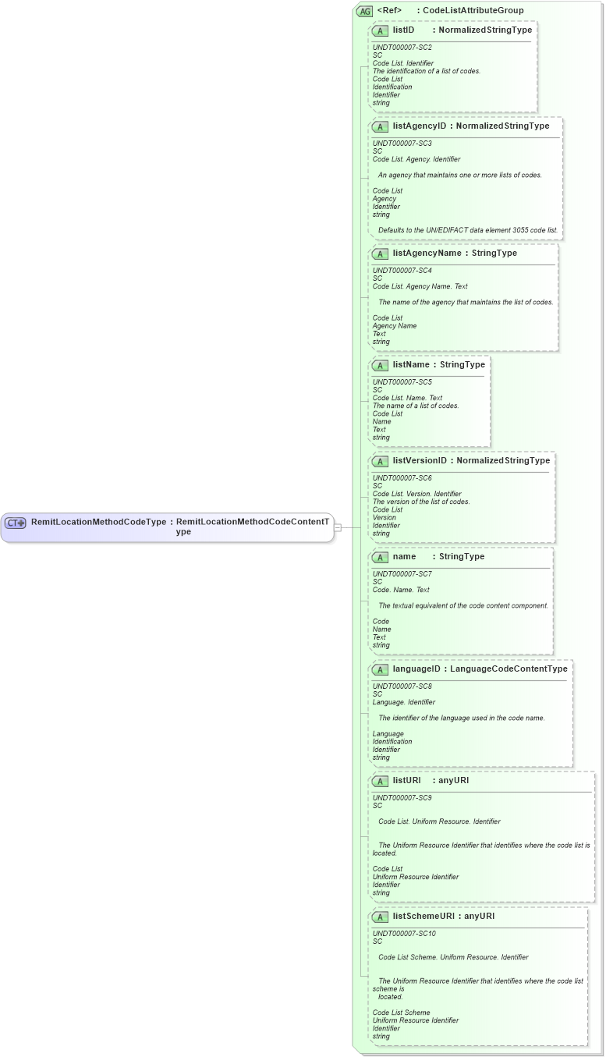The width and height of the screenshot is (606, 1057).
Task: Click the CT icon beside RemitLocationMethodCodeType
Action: tap(16, 523)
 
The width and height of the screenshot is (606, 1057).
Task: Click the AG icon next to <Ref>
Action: tap(364, 11)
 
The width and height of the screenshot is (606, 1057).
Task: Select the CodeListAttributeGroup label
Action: tap(473, 11)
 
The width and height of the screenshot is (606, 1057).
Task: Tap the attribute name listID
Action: tap(403, 30)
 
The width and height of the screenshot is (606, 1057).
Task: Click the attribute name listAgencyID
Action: tap(420, 126)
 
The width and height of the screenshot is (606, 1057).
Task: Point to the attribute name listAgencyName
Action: tap(427, 253)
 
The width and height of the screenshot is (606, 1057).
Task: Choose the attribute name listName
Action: tap(411, 364)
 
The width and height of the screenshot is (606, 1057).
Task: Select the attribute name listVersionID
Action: tap(420, 460)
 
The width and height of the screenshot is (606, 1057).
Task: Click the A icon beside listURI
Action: tap(381, 781)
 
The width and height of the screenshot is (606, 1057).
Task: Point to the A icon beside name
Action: tap(381, 557)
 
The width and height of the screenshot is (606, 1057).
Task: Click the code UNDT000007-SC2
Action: tap(402, 48)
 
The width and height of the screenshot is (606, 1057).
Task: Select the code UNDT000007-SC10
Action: tap(404, 933)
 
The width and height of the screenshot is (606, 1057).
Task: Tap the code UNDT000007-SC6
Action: tap(402, 477)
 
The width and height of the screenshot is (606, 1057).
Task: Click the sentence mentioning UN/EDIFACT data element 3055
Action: tap(468, 230)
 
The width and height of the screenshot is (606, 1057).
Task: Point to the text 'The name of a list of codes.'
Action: tap(416, 406)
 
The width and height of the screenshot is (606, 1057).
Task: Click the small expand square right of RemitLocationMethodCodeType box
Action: tap(338, 527)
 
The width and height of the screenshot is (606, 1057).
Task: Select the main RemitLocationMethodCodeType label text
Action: tap(98, 522)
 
